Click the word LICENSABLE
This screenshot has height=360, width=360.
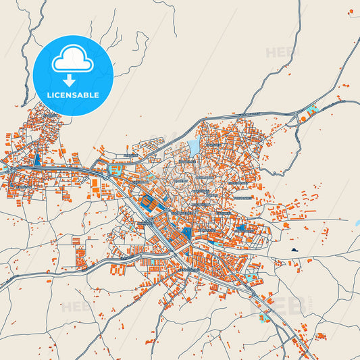72,95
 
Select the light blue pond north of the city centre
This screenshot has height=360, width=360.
194,147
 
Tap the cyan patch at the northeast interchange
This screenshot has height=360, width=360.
312,109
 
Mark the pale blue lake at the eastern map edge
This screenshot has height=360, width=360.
356,223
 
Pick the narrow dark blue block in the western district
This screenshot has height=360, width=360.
37,160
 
